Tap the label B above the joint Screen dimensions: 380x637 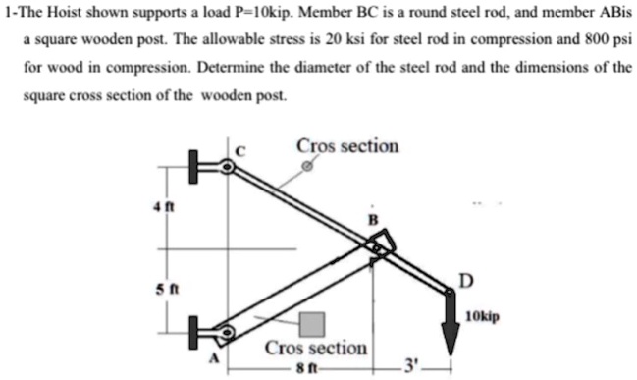[x=372, y=219]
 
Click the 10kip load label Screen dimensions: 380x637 [x=483, y=318]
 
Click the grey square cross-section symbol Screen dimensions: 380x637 [x=313, y=324]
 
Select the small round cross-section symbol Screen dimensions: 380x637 [x=308, y=167]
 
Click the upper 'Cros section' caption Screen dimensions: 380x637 [x=347, y=146]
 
